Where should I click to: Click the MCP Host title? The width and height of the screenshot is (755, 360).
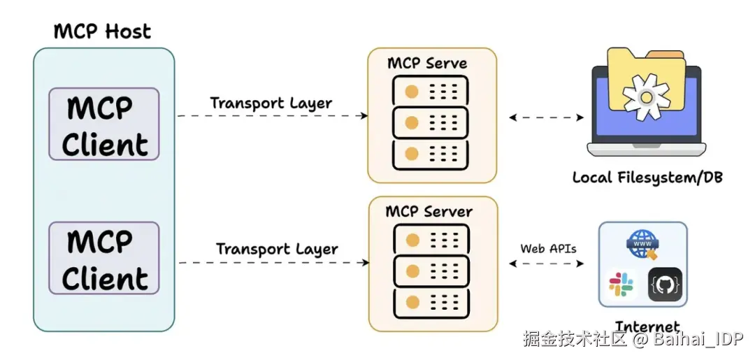102,31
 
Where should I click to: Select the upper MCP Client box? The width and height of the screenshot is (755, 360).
104,124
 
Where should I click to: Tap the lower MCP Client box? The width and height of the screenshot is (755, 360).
104,259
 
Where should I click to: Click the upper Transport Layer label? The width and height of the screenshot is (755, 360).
271,103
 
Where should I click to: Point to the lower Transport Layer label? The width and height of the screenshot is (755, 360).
277,249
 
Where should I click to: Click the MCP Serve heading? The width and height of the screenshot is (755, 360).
427,64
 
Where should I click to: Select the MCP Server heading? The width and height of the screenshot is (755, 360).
429,211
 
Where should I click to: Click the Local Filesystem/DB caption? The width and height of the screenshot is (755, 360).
647,178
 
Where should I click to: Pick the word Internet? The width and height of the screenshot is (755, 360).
647,326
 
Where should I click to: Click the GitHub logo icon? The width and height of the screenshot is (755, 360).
665,284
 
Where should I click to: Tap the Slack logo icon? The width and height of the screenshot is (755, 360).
621,284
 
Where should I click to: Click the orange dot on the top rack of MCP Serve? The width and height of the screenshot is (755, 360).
412,90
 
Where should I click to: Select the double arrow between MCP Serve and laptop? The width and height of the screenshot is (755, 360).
546,117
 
